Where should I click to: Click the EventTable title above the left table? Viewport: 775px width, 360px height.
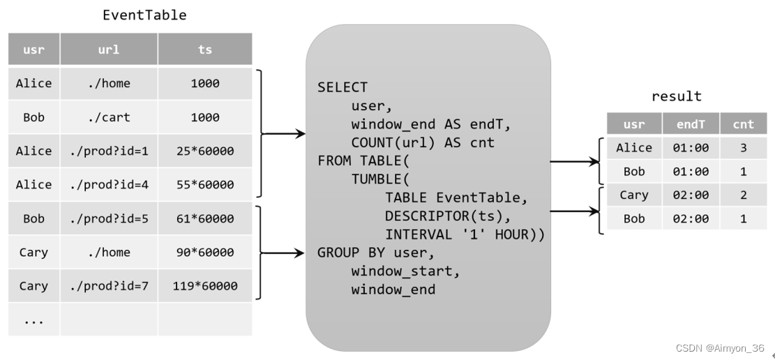tap(144, 15)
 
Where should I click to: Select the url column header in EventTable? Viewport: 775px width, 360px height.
tap(109, 50)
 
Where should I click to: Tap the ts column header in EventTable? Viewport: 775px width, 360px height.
tap(204, 50)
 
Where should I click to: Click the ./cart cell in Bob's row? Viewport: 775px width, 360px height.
tap(109, 117)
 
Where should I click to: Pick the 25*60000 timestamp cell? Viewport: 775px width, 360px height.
tap(204, 151)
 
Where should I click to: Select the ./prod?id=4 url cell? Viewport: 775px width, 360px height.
tap(109, 185)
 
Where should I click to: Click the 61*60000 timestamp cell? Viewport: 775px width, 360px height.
tap(204, 218)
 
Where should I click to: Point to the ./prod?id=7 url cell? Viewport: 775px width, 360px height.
tap(109, 286)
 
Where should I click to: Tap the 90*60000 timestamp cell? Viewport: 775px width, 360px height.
tap(204, 252)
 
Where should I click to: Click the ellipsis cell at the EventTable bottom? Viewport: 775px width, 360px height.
tap(33, 320)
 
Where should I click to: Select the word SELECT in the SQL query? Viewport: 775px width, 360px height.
tap(342, 87)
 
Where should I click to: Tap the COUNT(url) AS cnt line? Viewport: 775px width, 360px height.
tap(423, 142)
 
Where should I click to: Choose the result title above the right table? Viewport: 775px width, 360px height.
tap(676, 96)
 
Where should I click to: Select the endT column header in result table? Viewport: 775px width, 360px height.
tap(690, 124)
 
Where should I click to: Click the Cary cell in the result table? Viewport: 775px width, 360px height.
tap(633, 195)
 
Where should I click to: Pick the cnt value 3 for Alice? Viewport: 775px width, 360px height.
tap(743, 148)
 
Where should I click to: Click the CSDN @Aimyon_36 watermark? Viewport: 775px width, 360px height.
tap(721, 348)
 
